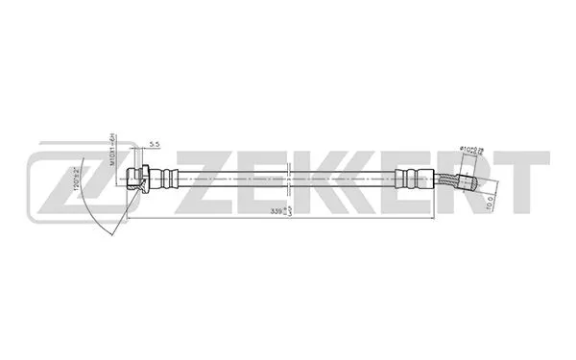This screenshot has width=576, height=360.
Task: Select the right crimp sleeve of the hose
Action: click(407, 178)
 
